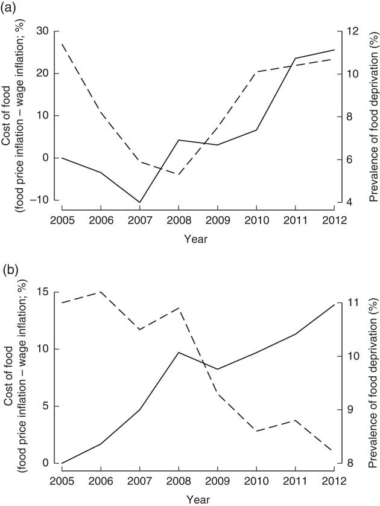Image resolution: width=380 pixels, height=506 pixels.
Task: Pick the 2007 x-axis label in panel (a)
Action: (x=139, y=219)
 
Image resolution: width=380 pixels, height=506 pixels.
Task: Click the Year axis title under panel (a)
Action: (x=196, y=239)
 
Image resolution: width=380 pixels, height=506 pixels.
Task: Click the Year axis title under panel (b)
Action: (x=196, y=500)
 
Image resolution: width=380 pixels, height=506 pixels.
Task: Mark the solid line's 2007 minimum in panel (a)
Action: (x=139, y=202)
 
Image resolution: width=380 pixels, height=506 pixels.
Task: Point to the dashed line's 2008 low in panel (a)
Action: (x=179, y=174)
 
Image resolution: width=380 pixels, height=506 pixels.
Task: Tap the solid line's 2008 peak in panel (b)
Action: (x=179, y=352)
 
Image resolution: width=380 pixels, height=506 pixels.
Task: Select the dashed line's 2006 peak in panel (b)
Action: (x=101, y=292)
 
